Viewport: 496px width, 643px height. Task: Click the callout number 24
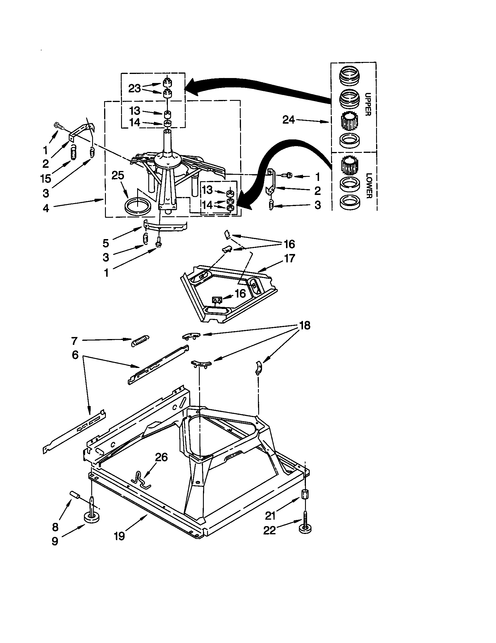(288, 120)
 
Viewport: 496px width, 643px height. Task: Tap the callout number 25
(118, 175)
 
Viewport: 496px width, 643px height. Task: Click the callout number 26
(161, 457)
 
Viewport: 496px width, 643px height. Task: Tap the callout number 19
(120, 536)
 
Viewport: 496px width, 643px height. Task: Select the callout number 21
(270, 516)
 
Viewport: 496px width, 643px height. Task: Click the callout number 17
(289, 258)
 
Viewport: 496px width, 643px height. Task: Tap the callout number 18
(305, 325)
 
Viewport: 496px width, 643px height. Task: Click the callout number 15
(46, 178)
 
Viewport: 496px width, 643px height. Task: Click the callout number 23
(135, 88)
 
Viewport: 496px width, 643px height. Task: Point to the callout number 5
(106, 243)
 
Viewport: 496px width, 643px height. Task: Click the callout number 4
(46, 208)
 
